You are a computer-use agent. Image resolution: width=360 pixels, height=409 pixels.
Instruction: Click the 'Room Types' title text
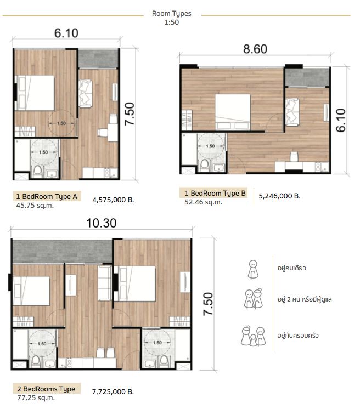tap(172, 14)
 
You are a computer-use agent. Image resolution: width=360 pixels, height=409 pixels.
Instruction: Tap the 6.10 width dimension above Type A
tap(66, 33)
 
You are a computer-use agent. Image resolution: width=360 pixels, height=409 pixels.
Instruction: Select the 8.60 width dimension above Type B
tap(255, 49)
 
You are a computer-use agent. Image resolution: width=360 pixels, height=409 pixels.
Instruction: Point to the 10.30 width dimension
tap(102, 223)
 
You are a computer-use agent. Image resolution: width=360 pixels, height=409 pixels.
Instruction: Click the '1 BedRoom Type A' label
tap(47, 196)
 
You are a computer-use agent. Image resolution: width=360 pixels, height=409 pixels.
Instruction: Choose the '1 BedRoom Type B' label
tap(215, 194)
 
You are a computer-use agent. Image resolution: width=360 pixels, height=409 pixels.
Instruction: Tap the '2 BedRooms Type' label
tap(46, 389)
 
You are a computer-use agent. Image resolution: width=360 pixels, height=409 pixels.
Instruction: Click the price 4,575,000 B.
tap(113, 200)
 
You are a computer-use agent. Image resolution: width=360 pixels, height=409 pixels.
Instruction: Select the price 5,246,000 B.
tap(279, 196)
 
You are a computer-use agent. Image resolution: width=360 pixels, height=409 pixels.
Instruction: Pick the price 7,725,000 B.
tap(113, 392)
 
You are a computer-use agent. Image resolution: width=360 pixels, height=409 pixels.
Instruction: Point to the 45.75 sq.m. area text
tap(35, 206)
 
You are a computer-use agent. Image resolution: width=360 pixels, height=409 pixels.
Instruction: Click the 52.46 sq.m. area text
tap(203, 202)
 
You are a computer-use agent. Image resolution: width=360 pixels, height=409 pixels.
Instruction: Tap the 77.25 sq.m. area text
tap(36, 398)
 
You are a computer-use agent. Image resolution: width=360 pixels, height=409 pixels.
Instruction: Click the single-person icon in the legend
tap(252, 269)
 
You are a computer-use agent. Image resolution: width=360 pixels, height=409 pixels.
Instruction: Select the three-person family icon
tap(253, 336)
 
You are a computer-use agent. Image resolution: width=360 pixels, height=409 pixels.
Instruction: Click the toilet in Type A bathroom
tap(38, 171)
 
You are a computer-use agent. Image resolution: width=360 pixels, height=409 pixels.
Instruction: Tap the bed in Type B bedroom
tap(233, 112)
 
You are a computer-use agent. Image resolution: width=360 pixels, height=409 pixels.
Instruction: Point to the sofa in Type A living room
tap(85, 93)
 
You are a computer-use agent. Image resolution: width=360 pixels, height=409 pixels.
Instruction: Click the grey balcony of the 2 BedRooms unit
tap(63, 251)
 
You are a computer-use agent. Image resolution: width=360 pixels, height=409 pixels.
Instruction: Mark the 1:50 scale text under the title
tap(172, 22)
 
